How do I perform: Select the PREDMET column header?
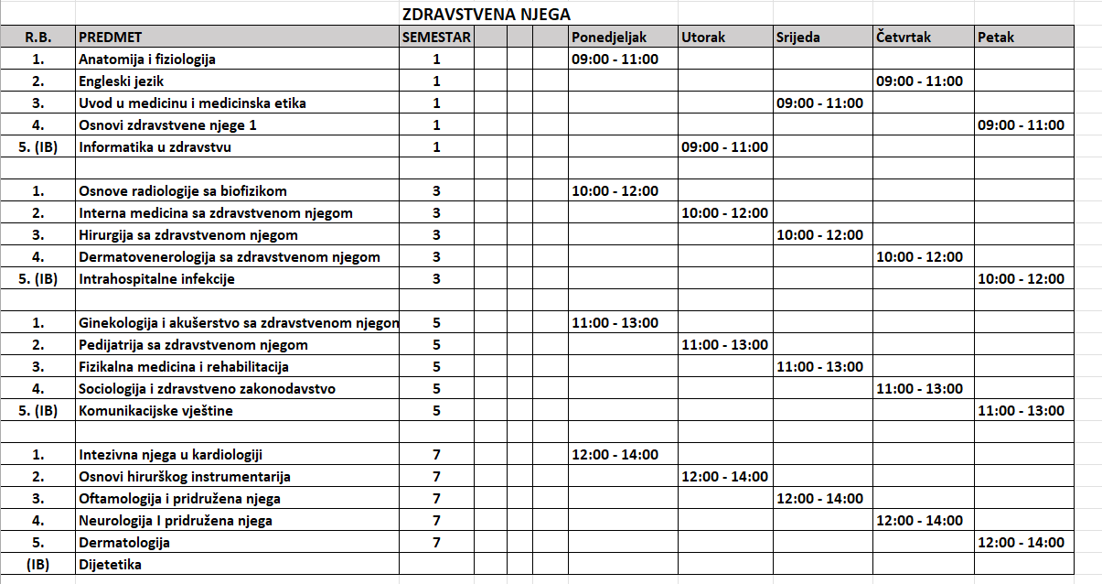click(x=111, y=38)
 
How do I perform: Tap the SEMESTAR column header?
click(x=436, y=38)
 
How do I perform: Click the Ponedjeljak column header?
click(x=609, y=38)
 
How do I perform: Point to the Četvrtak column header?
click(x=904, y=38)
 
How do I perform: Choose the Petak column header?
click(x=996, y=38)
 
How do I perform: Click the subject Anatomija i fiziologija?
click(x=147, y=59)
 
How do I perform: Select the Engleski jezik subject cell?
click(x=122, y=81)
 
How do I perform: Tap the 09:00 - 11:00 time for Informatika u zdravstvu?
click(x=724, y=147)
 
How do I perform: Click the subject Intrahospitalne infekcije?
click(x=157, y=279)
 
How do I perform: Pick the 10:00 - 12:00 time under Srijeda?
click(x=819, y=235)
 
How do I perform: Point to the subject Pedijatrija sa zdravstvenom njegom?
click(x=194, y=345)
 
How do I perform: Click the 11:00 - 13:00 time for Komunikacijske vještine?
click(x=1021, y=411)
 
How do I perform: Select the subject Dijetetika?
click(x=111, y=565)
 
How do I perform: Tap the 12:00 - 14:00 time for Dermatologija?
click(x=1021, y=543)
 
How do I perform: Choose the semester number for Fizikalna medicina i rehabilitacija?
click(x=436, y=367)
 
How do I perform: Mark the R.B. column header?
click(x=37, y=38)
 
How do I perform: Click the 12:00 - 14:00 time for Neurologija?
click(x=919, y=521)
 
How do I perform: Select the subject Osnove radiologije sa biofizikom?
click(x=183, y=191)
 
